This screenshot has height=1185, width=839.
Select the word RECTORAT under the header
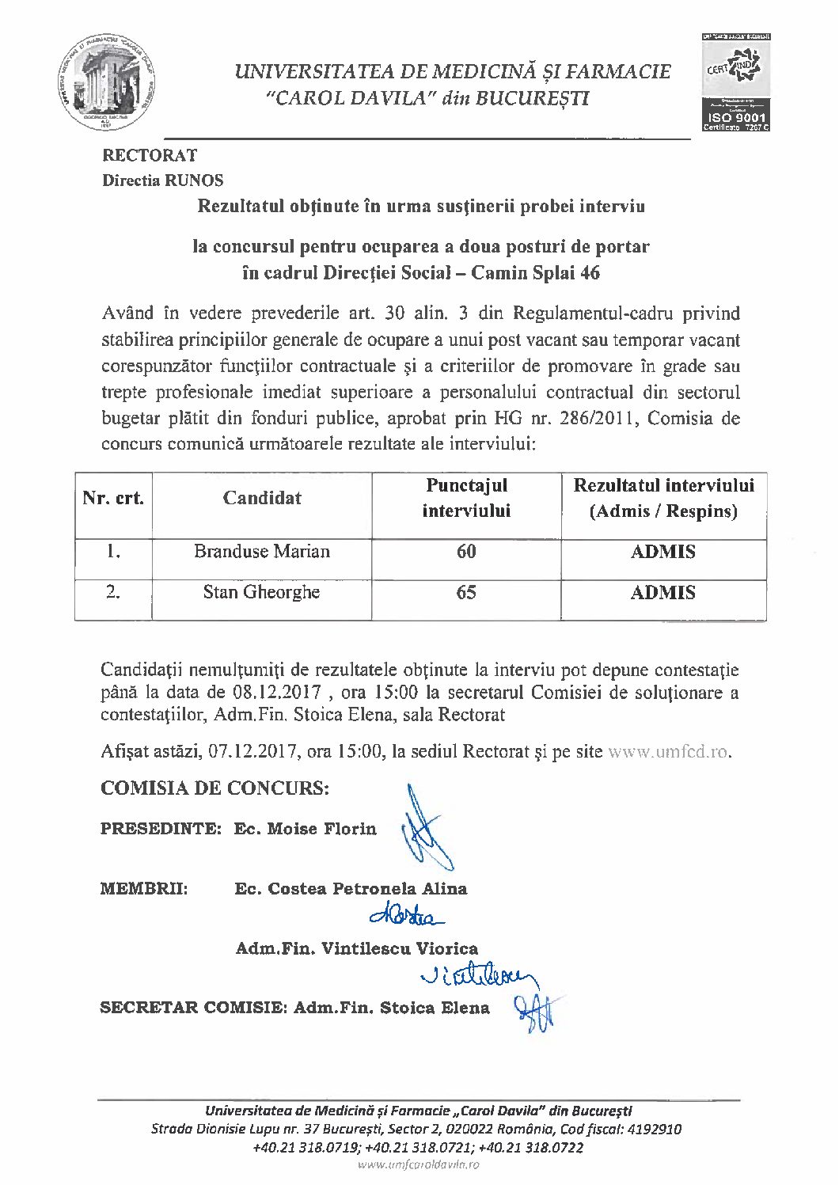pos(150,155)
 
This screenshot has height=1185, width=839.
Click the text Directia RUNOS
pos(163,180)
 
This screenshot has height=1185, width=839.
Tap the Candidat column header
pos(262,498)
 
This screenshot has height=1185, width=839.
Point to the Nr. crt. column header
pos(113,499)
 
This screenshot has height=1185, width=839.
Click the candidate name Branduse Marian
pos(262,552)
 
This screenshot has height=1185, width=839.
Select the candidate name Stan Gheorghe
pos(261,592)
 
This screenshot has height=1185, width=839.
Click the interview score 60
pos(466,552)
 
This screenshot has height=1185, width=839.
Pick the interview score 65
pos(466,593)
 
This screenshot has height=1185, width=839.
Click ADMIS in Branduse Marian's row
pos(663,552)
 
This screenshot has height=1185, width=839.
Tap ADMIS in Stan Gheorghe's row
pos(663,593)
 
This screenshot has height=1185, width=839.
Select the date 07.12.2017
pos(253,751)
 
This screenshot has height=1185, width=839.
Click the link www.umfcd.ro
pos(668,751)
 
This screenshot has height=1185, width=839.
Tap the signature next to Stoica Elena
pos(536,1010)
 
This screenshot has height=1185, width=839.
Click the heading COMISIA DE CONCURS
pos(214,788)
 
